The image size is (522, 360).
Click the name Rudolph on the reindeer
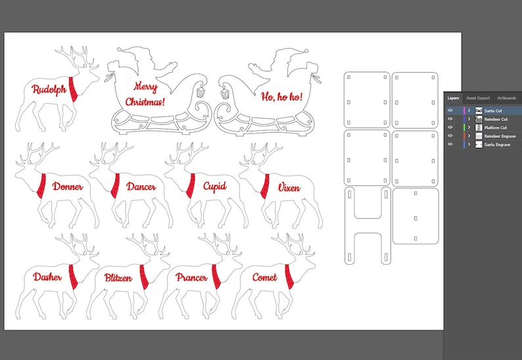click(x=49, y=89)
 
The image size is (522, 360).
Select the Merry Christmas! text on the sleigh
click(x=146, y=94)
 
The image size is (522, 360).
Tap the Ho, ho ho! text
click(x=281, y=97)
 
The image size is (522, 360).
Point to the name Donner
click(x=68, y=187)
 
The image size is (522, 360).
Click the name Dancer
click(x=141, y=187)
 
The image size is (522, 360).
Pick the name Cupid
click(x=214, y=187)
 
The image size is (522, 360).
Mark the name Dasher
click(x=47, y=277)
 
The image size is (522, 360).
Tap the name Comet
click(x=264, y=277)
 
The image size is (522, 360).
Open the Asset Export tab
click(x=478, y=98)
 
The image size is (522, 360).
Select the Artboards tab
click(x=506, y=98)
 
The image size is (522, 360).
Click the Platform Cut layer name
click(x=496, y=127)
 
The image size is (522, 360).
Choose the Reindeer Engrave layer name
click(x=499, y=136)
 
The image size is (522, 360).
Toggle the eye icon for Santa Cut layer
click(x=450, y=111)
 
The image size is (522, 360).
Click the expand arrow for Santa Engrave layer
click(x=469, y=144)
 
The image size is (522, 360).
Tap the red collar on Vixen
click(x=264, y=186)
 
